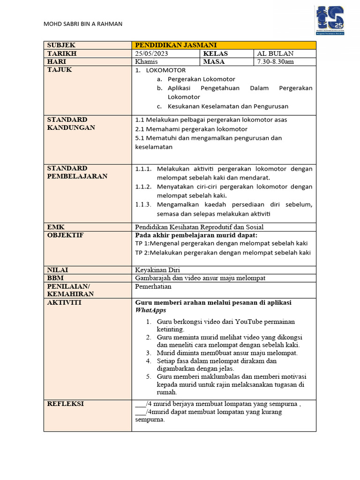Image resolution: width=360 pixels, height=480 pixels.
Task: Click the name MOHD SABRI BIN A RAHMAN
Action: [x=83, y=24]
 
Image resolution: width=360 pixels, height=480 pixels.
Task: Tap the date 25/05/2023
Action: [x=151, y=53]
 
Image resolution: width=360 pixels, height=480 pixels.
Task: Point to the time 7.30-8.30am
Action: [x=275, y=62]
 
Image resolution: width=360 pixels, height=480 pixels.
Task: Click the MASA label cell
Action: [x=214, y=62]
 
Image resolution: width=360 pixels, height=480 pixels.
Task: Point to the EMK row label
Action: [x=56, y=226]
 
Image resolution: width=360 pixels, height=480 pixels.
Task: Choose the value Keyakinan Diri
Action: [x=157, y=270]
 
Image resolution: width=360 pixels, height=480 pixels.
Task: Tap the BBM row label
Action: [x=55, y=278]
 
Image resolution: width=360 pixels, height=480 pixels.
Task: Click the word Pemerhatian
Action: [x=153, y=286]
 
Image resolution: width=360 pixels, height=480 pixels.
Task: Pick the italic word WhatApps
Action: [x=150, y=310]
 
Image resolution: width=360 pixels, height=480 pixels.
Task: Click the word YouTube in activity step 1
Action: [x=249, y=322]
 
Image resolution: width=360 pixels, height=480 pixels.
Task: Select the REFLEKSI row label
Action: [x=65, y=403]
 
